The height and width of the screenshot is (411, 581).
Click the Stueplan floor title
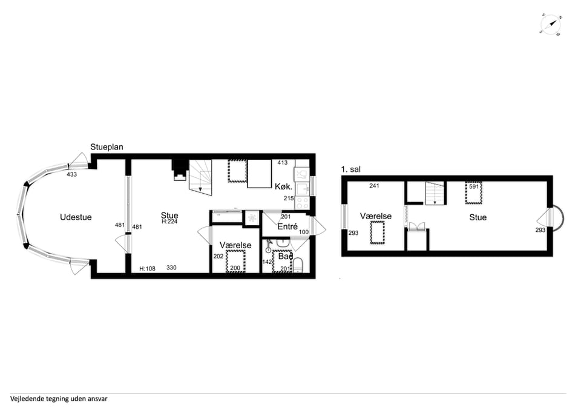click(107, 147)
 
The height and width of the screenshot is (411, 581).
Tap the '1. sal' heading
click(350, 169)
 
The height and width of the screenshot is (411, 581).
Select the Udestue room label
click(76, 217)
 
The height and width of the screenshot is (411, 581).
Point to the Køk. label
click(283, 187)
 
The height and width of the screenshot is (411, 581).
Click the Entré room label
click(287, 226)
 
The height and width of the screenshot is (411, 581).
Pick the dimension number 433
click(71, 174)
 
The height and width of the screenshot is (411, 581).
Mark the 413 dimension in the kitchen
click(283, 163)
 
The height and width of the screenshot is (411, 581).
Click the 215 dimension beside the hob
click(289, 199)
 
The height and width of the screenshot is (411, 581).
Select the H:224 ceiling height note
click(169, 222)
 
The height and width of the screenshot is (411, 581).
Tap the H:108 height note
click(147, 269)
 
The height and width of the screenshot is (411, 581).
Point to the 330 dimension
click(171, 268)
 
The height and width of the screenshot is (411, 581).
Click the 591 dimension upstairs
click(474, 187)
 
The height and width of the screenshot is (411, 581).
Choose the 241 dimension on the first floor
click(374, 186)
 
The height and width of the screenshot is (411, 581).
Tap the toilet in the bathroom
click(298, 266)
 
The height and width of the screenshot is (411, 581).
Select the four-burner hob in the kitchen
click(302, 203)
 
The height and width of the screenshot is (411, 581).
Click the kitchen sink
click(302, 189)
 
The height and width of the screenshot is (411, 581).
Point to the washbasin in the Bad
click(283, 243)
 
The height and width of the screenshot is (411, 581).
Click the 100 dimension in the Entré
click(303, 232)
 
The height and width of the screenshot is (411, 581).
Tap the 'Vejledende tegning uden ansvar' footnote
click(59, 399)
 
